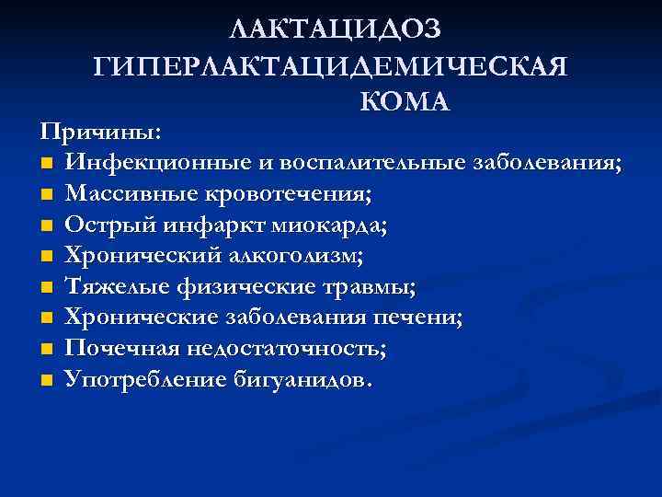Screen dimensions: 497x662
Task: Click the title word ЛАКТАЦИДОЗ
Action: [336, 29]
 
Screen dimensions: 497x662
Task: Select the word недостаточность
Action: [281, 350]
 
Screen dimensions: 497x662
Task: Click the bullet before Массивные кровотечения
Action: [47, 195]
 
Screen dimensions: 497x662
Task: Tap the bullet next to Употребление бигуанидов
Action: [47, 381]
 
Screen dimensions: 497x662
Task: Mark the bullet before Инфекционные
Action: [47, 164]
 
